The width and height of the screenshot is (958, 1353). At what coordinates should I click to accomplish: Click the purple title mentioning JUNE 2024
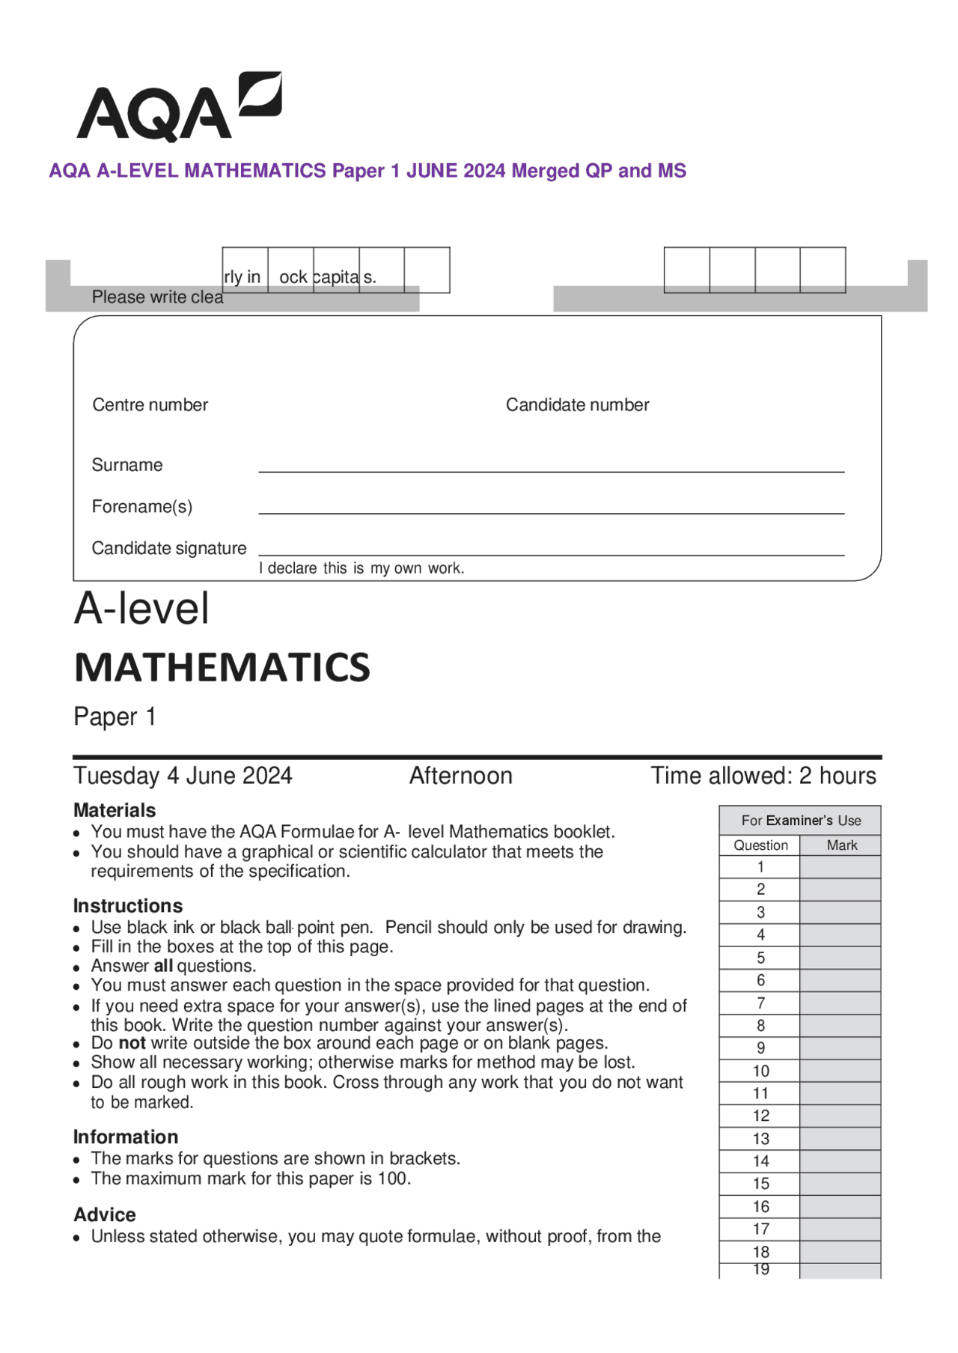point(367,171)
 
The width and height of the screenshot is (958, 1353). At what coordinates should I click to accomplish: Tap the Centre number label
point(150,405)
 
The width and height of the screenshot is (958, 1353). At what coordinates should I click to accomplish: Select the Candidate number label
point(577,405)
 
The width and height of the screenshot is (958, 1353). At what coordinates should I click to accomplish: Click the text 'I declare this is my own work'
point(361,568)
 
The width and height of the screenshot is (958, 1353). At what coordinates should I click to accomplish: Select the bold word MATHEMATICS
point(222,667)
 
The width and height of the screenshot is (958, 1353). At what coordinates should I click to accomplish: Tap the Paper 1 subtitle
point(115,717)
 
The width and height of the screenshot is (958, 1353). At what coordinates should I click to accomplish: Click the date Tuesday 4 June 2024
point(183,776)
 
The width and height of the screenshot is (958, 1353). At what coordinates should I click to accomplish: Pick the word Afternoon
point(460,776)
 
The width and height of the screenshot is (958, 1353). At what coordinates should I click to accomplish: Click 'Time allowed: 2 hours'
point(763,776)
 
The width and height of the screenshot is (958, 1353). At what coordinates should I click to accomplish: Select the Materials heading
point(115,810)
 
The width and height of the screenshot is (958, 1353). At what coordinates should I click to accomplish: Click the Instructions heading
point(128,906)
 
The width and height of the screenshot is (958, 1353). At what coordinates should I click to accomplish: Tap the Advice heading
point(105,1214)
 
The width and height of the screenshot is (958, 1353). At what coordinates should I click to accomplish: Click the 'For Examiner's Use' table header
point(800,821)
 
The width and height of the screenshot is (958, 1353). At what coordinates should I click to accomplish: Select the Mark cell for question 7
point(840,1003)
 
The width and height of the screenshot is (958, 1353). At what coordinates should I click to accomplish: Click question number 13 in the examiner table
point(760,1139)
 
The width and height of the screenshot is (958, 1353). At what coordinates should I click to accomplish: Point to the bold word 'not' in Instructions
point(132,1043)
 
